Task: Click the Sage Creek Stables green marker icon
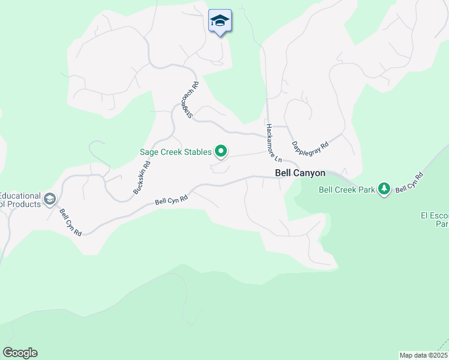(221, 152)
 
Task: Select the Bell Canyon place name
(300, 173)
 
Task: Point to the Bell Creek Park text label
(346, 190)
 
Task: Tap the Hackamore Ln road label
(274, 143)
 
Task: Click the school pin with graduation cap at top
(220, 21)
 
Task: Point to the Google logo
(20, 353)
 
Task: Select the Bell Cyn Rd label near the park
(410, 182)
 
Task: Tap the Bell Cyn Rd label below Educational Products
(70, 222)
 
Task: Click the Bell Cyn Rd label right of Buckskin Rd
(172, 199)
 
